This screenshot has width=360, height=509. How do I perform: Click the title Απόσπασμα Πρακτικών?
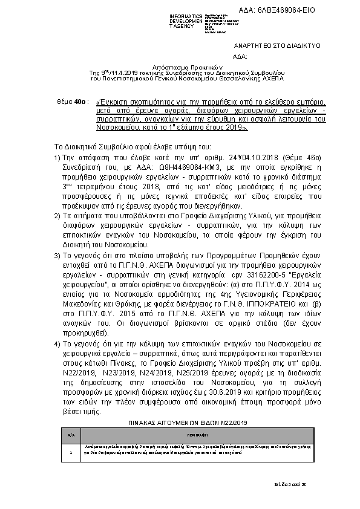tap(180, 66)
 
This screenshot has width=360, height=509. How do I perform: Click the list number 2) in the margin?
tap(57, 215)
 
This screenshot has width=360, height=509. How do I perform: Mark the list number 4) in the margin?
tap(57, 345)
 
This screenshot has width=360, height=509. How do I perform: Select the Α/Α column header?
tap(71, 433)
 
